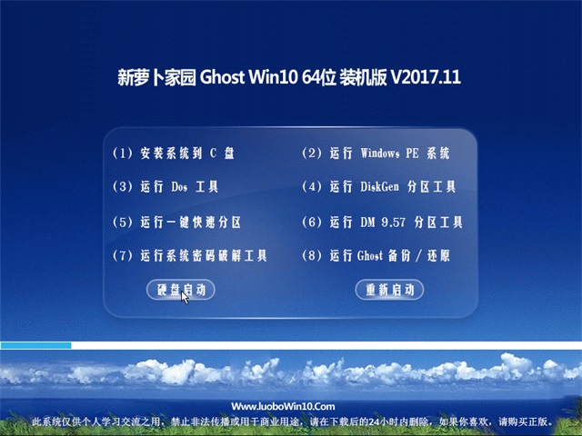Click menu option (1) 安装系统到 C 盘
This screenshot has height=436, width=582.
pos(174,154)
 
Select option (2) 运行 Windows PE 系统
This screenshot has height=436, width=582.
pos(375,154)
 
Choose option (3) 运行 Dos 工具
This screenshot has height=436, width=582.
pos(166,188)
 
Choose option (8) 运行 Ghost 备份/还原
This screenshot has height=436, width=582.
pos(375,256)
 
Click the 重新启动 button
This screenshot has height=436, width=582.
pos(389,290)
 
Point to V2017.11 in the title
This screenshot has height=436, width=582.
pos(426,78)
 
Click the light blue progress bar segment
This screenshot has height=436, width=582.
pos(35,345)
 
